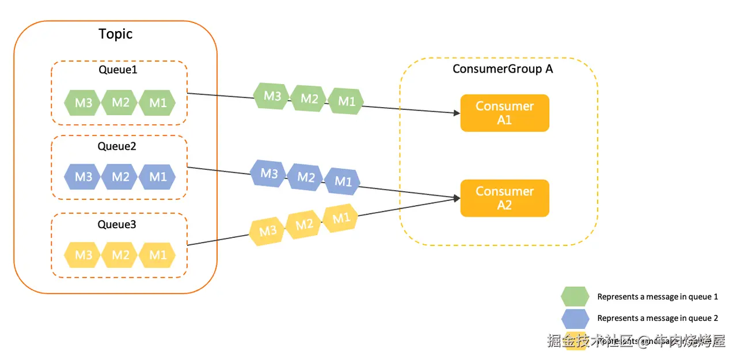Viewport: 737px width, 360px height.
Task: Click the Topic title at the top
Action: (x=116, y=34)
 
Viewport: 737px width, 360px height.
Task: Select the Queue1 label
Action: (x=118, y=70)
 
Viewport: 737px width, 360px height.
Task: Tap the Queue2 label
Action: (x=117, y=146)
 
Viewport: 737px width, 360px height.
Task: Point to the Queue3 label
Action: (x=117, y=224)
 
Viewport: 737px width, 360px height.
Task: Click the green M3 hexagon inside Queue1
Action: (x=83, y=103)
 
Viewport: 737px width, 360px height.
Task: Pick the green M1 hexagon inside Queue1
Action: (x=157, y=103)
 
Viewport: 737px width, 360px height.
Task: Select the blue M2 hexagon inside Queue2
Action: (x=120, y=176)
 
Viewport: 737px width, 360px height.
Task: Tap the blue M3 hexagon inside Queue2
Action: (x=83, y=176)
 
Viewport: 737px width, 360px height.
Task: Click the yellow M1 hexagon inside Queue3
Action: (x=157, y=255)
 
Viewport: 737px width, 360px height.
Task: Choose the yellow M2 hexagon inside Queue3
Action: (x=120, y=255)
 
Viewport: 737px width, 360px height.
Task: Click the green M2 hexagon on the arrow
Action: (x=309, y=98)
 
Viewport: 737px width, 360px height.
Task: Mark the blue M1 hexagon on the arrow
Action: (x=343, y=181)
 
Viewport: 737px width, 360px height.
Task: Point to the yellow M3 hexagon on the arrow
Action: (x=267, y=231)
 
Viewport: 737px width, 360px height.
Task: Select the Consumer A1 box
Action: (x=504, y=113)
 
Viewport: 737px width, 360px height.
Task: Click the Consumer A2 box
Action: (x=504, y=198)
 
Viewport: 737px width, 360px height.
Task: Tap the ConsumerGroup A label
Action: (x=503, y=69)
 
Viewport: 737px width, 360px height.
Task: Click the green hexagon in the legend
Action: (x=575, y=297)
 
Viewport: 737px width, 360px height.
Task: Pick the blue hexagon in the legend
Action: (x=575, y=318)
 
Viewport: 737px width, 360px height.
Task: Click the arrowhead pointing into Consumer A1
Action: (x=456, y=113)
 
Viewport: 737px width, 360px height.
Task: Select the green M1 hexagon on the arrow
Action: (x=346, y=101)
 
